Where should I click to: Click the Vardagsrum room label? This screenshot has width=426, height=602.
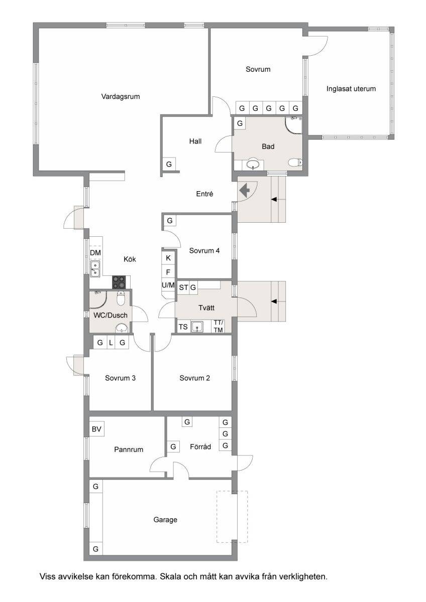120,96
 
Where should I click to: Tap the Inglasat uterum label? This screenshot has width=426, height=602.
351,89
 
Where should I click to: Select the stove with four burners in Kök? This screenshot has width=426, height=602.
119,282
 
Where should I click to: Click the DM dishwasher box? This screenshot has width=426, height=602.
95,253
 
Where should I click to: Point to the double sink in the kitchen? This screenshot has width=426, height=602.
95,269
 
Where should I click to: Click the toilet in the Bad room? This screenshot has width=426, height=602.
295,163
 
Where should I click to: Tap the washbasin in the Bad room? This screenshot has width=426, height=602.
253,165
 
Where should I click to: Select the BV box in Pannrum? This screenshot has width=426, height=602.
96,429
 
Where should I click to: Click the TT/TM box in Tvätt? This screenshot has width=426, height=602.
218,326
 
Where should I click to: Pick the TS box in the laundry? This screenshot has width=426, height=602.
183,327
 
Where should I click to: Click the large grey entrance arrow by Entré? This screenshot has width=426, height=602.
244,190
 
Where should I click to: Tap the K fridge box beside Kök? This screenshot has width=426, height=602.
168,258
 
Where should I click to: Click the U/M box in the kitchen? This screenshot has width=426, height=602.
168,285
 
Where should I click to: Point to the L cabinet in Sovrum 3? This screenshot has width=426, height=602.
111,342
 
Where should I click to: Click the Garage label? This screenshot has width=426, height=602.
165,520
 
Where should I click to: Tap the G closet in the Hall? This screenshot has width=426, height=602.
169,164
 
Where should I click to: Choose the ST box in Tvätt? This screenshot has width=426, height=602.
183,287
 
